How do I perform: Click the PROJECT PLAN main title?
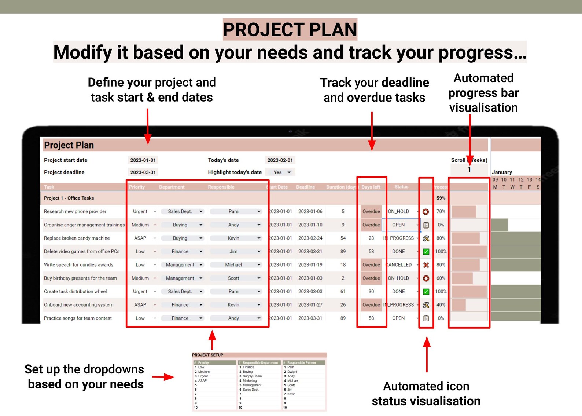290,29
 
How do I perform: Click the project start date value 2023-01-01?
143,160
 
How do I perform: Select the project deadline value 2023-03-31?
143,172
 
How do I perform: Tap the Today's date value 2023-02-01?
280,160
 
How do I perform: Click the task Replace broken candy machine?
77,238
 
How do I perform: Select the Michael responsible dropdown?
236,265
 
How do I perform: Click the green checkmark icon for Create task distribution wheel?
426,292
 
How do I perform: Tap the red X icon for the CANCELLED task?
426,265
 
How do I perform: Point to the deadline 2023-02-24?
310,238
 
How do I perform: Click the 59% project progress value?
441,198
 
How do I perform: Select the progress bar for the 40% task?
459,305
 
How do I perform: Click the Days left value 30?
371,292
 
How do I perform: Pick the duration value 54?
343,238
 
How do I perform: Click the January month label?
502,172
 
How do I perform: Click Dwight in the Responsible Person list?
292,372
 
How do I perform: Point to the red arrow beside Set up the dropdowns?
163,377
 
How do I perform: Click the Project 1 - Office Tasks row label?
69,198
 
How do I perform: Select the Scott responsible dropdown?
236,278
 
